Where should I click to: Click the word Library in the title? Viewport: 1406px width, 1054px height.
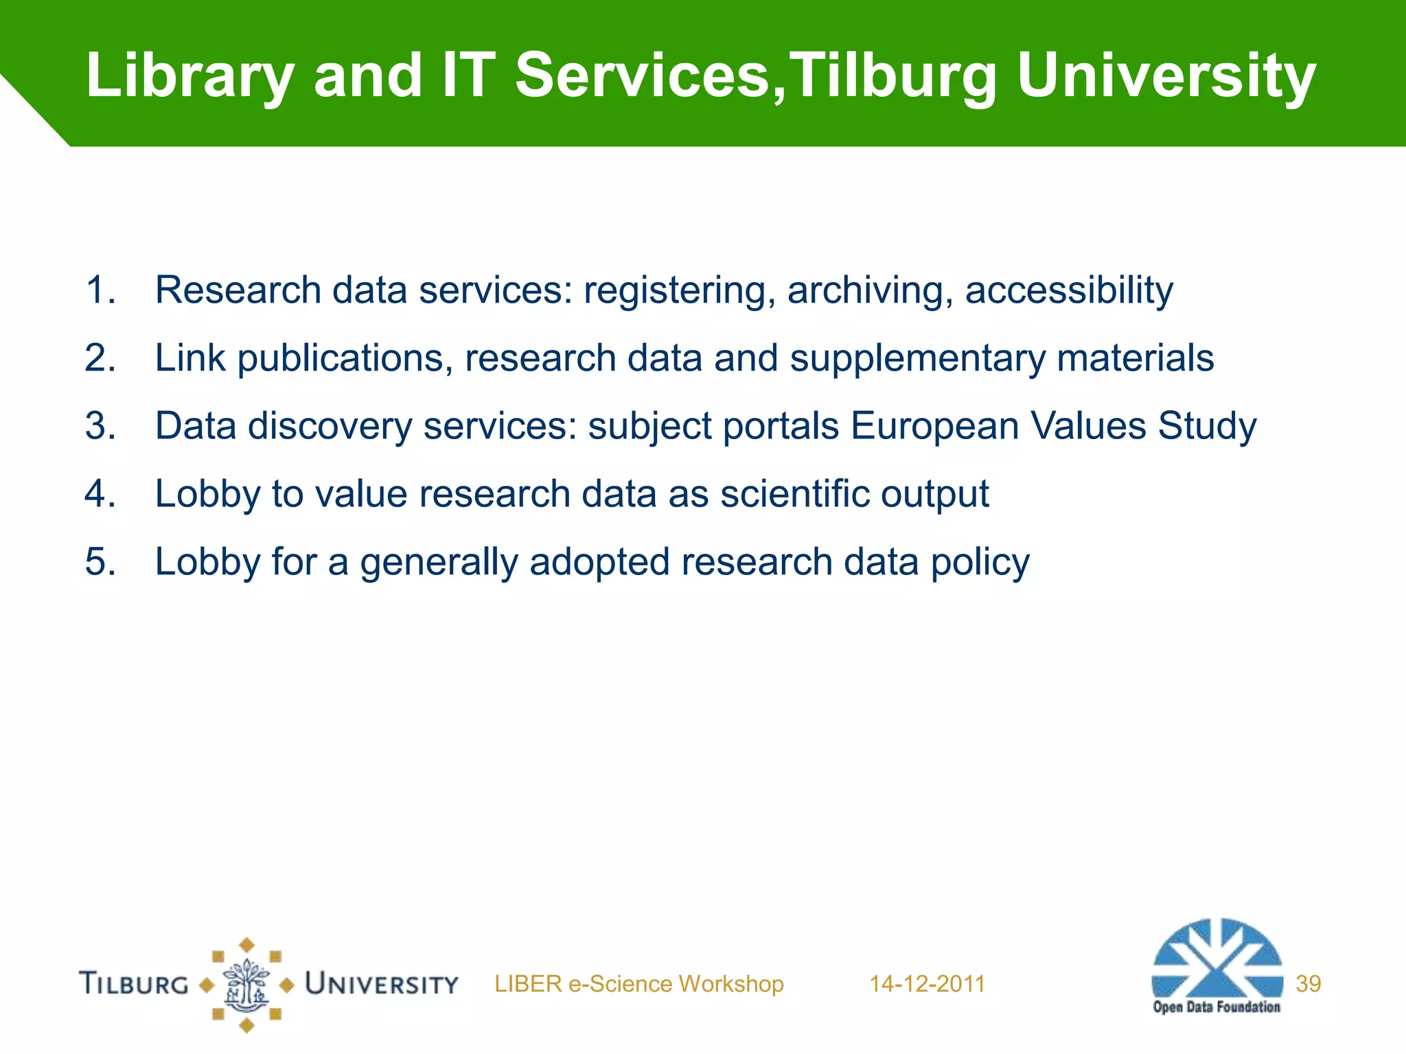coord(189,77)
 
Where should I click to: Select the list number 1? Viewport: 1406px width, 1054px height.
coord(100,290)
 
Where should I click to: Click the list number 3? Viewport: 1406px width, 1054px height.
coord(100,426)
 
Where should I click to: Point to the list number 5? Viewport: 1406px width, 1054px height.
coord(100,562)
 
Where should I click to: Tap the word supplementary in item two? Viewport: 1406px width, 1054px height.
coord(917,359)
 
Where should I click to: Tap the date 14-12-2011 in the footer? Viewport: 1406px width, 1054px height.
coord(927,984)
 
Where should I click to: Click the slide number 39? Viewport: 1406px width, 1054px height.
coord(1308,984)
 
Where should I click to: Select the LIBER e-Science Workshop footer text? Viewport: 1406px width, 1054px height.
coord(638,984)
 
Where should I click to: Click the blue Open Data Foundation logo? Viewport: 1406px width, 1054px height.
coord(1217,964)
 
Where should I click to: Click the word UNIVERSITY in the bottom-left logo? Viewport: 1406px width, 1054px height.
coord(382,984)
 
